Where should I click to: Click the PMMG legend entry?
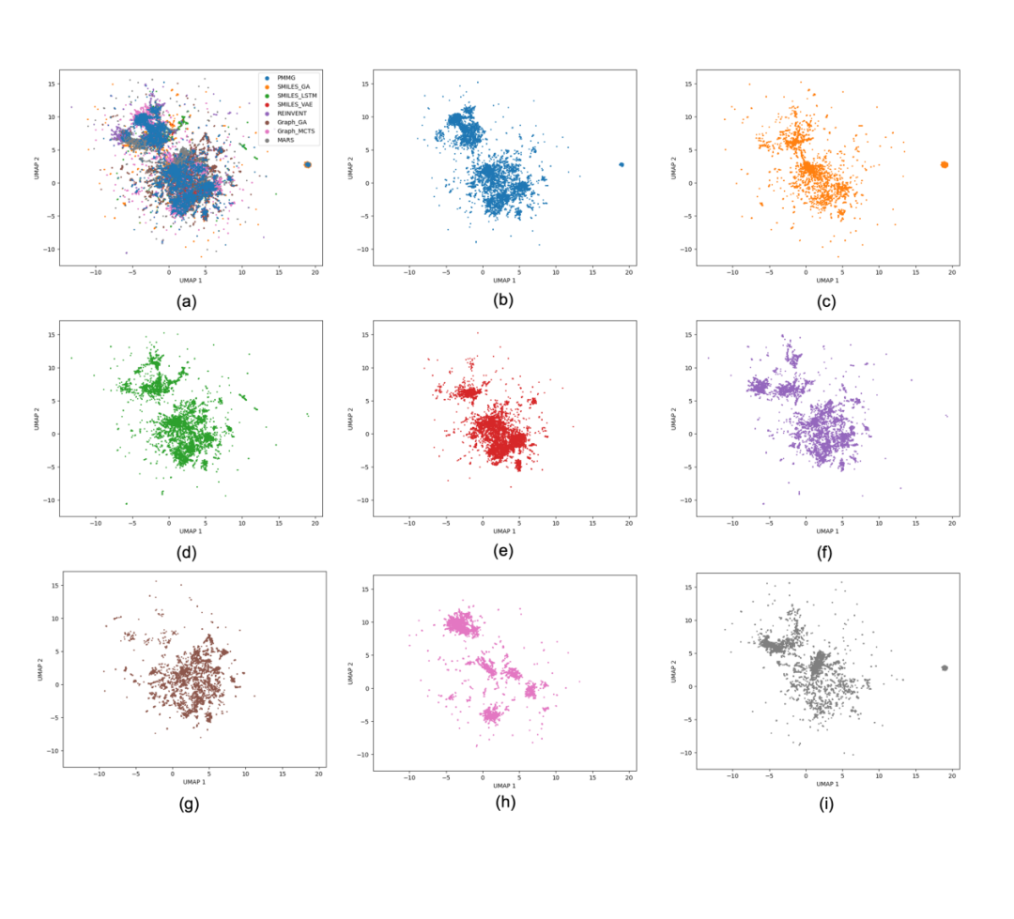[x=285, y=78]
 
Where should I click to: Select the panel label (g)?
[x=186, y=804]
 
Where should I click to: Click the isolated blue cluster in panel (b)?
[x=621, y=164]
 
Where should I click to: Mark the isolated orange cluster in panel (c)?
[x=944, y=164]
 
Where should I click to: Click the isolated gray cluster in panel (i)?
[x=944, y=667]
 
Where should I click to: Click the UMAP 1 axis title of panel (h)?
[x=504, y=781]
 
